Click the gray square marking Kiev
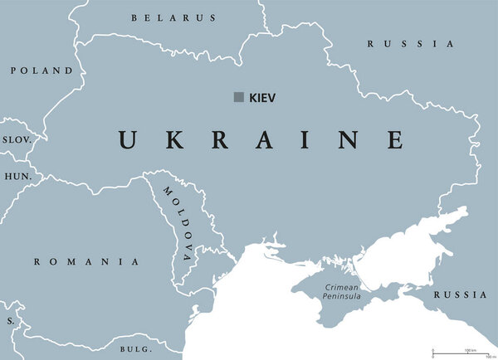(238, 98)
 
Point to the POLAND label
(41, 71)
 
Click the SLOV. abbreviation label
(16, 140)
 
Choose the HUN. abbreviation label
(17, 178)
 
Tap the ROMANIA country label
(86, 261)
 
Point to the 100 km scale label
(469, 350)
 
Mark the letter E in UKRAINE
(394, 139)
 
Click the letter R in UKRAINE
(220, 139)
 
